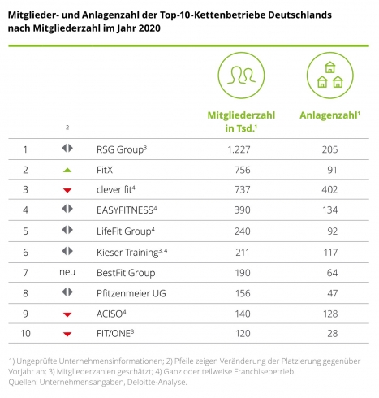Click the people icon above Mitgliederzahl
[x=241, y=76]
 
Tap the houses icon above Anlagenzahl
[x=330, y=76]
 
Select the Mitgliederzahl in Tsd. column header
[x=241, y=122]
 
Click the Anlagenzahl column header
[x=329, y=115]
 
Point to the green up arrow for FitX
[x=67, y=170]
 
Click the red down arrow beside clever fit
[x=67, y=190]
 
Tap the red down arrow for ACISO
[x=67, y=314]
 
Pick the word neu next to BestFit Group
[x=67, y=272]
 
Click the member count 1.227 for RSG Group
[x=239, y=149]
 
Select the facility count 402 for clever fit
[x=329, y=189]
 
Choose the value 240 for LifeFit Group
[x=243, y=231]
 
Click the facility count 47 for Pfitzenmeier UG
[x=333, y=293]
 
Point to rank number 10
[x=26, y=333]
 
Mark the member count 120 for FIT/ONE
[x=243, y=333]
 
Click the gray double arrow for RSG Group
[x=67, y=148]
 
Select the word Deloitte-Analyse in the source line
[x=157, y=382]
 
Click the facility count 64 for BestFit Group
[x=333, y=273]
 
